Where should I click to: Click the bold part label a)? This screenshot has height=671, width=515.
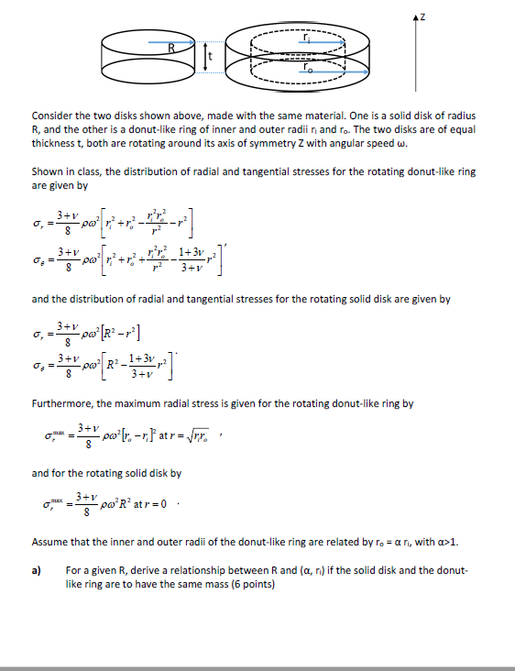(x=38, y=570)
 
